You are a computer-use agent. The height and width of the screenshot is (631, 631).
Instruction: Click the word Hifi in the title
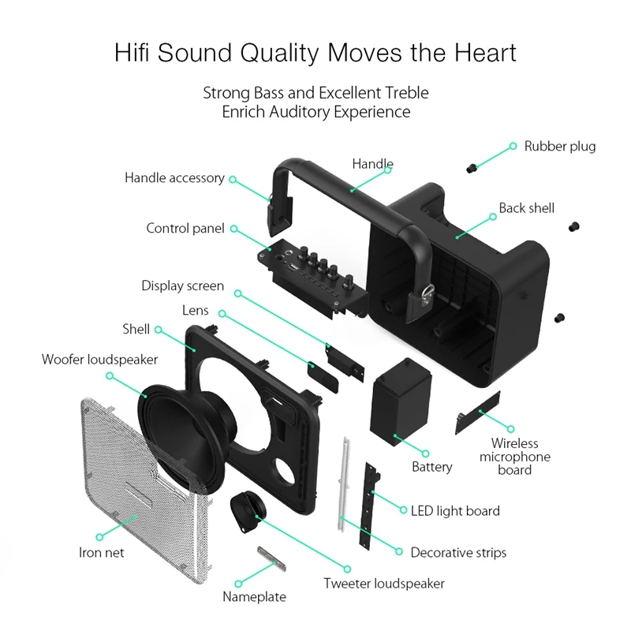click(x=132, y=52)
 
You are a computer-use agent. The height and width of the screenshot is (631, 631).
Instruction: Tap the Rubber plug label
click(x=560, y=147)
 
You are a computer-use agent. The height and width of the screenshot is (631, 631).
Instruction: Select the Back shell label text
click(x=526, y=208)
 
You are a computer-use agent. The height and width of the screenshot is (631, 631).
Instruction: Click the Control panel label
click(x=185, y=228)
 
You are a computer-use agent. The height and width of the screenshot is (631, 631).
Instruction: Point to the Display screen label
click(x=183, y=286)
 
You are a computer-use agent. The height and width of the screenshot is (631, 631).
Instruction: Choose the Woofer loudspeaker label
click(x=99, y=360)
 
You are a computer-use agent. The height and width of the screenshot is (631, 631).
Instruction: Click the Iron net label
click(x=102, y=553)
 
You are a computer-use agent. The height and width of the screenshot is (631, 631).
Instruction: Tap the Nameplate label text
click(x=254, y=596)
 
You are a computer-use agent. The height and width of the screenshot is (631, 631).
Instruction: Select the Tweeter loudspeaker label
click(x=384, y=584)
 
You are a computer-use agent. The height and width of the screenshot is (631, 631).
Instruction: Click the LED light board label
click(x=455, y=511)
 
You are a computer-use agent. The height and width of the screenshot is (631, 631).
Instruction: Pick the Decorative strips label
click(x=458, y=553)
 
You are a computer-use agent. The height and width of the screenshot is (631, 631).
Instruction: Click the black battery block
click(x=401, y=401)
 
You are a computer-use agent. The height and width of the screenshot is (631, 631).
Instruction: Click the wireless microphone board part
click(x=478, y=413)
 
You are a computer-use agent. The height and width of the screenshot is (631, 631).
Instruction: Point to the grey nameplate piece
click(x=271, y=558)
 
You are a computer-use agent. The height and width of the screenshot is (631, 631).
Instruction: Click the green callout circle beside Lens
click(x=222, y=313)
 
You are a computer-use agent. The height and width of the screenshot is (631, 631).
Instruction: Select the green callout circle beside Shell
click(x=159, y=330)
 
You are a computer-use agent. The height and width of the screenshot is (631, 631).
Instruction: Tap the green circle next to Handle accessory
click(x=233, y=179)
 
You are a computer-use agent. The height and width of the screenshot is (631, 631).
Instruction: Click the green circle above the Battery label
click(x=425, y=454)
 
